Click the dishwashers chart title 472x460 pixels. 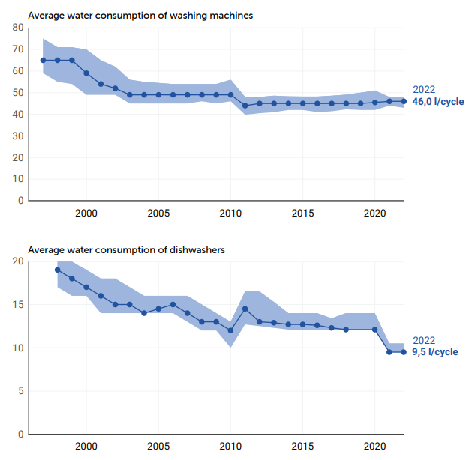[x=126, y=249]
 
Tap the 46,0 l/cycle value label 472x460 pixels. [x=438, y=102]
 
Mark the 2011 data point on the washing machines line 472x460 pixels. [x=245, y=106]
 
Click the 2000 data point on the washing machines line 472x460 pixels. [x=86, y=73]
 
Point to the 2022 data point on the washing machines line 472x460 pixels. [x=404, y=101]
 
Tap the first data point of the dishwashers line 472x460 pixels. [x=57, y=270]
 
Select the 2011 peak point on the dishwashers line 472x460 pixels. [x=245, y=309]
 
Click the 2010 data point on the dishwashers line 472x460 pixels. [x=230, y=330]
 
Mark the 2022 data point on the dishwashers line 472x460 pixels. [x=404, y=352]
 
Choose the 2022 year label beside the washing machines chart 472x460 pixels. [x=424, y=89]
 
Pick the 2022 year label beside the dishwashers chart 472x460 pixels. [x=424, y=339]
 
